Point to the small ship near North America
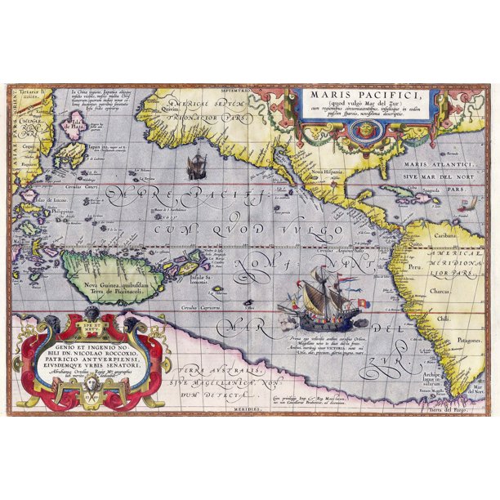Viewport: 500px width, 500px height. [x=196, y=167]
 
